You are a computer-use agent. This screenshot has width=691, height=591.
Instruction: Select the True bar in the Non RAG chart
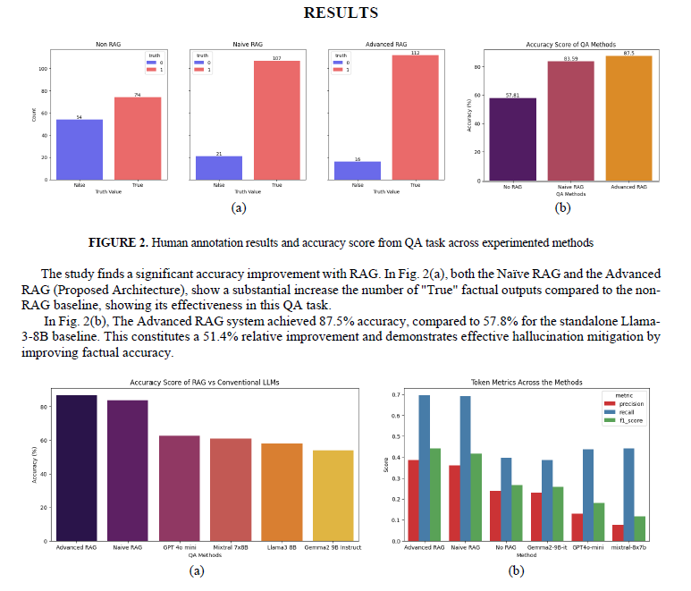click(x=138, y=139)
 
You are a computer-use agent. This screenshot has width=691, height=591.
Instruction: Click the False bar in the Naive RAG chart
click(x=219, y=168)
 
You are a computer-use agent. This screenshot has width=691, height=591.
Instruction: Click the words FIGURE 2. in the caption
click(x=122, y=242)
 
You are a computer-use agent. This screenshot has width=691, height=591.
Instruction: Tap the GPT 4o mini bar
click(x=180, y=488)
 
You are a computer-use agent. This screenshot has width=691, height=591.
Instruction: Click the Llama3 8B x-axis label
click(x=282, y=546)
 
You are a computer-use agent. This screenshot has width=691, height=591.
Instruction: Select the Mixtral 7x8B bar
click(x=231, y=489)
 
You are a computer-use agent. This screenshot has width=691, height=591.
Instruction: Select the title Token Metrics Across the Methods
click(x=531, y=382)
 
